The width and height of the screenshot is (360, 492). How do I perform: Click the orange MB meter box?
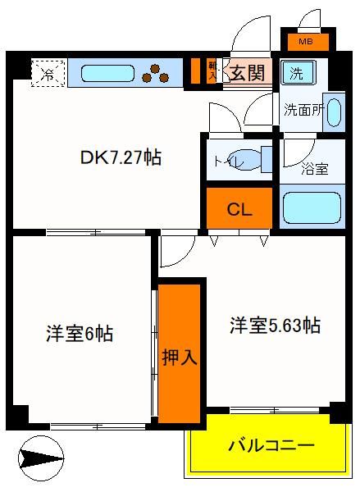coord(308,42)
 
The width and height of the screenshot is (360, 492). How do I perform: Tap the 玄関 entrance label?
coord(248,73)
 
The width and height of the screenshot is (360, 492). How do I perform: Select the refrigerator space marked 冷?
coord(48,74)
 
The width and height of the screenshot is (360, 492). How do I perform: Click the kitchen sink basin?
coord(107,74)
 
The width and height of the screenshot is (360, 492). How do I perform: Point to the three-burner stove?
coord(155,74)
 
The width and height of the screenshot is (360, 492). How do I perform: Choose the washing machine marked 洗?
coord(298,73)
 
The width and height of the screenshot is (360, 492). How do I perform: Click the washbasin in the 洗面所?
coord(333,112)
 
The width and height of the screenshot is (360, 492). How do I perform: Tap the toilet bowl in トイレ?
coord(248,161)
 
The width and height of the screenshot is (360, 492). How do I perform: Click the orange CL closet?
coord(239,208)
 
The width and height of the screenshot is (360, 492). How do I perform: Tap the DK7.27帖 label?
coord(121,157)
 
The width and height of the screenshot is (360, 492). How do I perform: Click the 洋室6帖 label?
coord(80,334)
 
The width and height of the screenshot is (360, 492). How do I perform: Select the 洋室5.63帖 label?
coord(276,326)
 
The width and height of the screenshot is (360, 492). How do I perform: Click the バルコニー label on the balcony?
coord(271,445)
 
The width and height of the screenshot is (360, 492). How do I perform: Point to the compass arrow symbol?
coord(41,458)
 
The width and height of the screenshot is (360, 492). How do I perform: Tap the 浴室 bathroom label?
coord(315,169)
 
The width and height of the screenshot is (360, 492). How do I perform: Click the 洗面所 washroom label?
coord(303,110)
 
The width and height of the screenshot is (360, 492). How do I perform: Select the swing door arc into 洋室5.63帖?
coord(185,257)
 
